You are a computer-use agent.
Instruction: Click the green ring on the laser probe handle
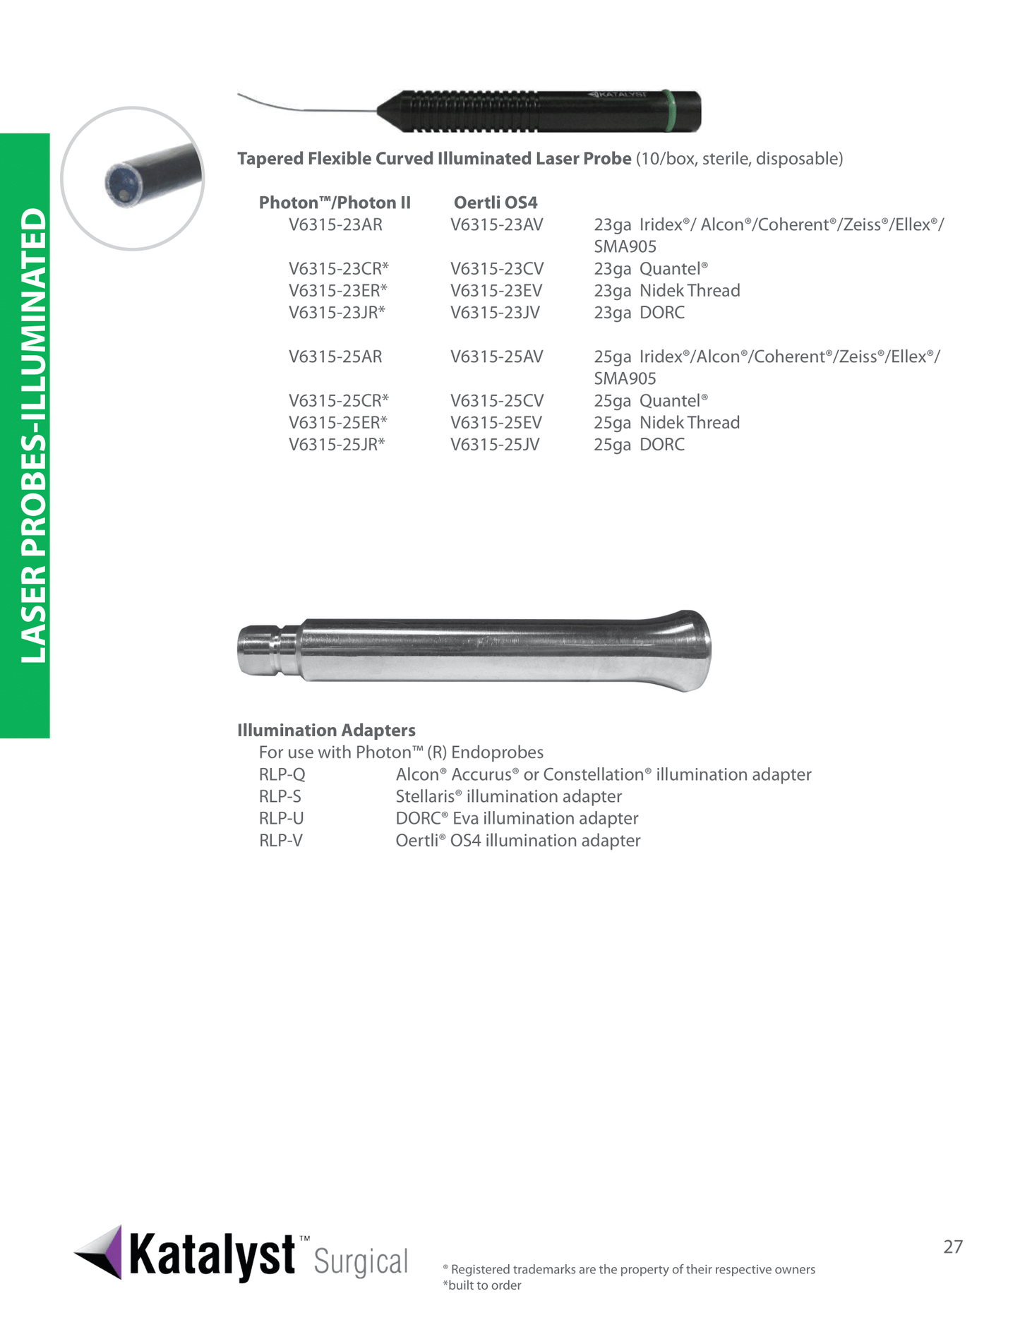coord(670,111)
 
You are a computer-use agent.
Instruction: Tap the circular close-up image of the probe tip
coord(133,179)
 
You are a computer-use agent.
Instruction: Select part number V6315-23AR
coord(335,225)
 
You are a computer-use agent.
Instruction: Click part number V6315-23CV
coord(497,269)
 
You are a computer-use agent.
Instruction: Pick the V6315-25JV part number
coord(495,445)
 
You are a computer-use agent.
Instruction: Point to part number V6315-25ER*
coord(338,423)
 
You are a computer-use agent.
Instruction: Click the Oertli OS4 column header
coord(496,203)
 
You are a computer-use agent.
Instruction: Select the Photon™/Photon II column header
coord(335,203)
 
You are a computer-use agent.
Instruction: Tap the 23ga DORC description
coord(639,313)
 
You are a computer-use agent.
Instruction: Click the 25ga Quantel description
coord(650,401)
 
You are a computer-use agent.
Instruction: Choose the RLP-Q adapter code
coord(282,775)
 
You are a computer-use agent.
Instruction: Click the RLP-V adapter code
coord(281,841)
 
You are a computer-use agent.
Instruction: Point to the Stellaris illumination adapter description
coord(508,797)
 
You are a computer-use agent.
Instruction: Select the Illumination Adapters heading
coord(326,731)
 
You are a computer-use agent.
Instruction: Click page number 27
coord(953,1247)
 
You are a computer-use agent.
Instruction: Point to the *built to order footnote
coord(482,1285)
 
